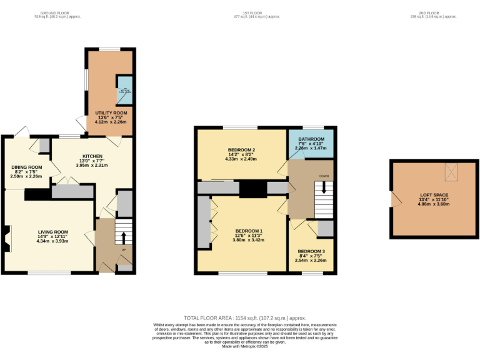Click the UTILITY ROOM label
click(110, 112)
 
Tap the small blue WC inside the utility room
click(122, 93)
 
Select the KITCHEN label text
click(92, 156)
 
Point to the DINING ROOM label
click(26, 167)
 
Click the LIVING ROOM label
click(52, 232)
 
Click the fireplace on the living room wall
click(6, 238)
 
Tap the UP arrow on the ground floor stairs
click(122, 238)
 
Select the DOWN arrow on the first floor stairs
click(324, 187)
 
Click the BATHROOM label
click(311, 139)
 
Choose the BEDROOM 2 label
click(241, 150)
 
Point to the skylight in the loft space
click(452, 171)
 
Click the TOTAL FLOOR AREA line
click(240, 318)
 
